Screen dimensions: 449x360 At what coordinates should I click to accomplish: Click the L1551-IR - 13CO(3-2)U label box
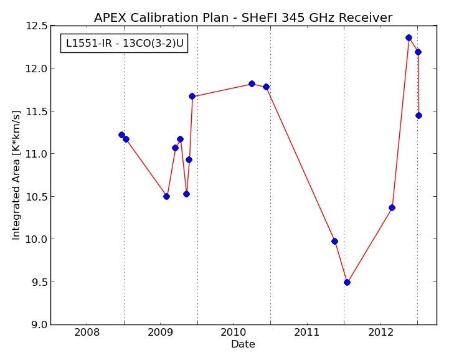[125, 43]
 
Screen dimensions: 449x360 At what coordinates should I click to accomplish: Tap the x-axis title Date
[243, 344]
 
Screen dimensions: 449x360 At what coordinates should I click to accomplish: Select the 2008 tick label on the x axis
[87, 333]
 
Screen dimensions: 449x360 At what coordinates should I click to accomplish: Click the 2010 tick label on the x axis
[234, 333]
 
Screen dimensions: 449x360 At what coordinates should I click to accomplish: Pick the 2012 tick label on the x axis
[380, 333]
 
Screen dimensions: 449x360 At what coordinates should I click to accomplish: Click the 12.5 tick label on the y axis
[37, 26]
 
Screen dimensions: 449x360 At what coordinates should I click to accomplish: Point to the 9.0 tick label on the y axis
[39, 324]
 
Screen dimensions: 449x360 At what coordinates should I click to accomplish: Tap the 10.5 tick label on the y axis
[37, 196]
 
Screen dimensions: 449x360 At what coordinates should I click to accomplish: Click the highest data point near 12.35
[409, 37]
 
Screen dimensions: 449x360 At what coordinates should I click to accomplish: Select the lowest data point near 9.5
[347, 282]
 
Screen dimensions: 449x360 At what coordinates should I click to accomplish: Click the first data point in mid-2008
[121, 135]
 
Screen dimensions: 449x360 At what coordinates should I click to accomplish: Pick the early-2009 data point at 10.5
[166, 196]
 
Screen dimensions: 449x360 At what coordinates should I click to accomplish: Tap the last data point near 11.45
[418, 115]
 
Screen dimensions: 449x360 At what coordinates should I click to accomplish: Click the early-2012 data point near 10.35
[392, 207]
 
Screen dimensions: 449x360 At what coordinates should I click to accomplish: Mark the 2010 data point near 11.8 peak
[252, 83]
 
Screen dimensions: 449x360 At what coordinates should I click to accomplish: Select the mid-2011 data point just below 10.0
[334, 242]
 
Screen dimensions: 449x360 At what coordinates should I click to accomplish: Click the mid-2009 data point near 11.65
[192, 97]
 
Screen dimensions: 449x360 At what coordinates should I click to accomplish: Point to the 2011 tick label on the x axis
[307, 333]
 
